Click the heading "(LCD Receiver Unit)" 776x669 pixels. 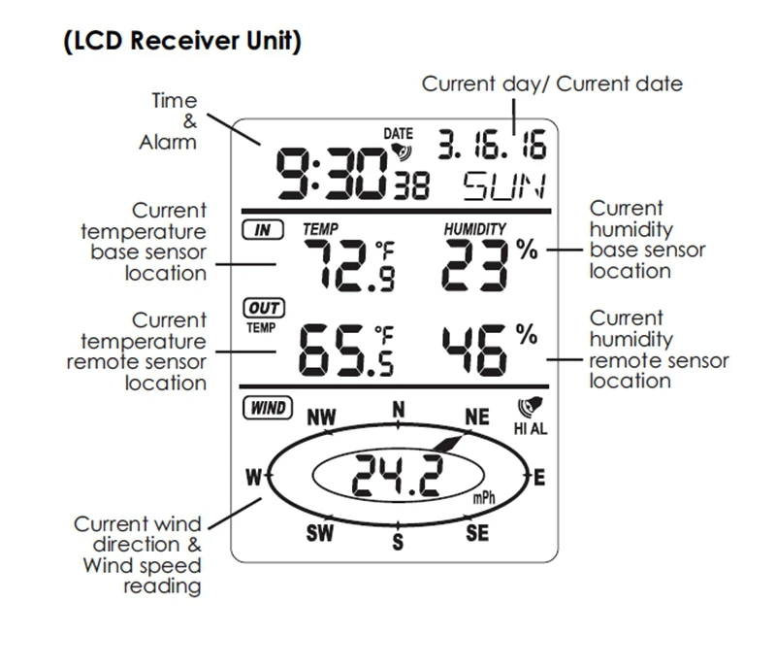(182, 42)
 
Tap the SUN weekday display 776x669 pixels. (503, 185)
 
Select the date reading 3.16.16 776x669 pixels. (492, 146)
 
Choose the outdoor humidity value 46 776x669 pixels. (475, 350)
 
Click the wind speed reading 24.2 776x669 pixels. (393, 476)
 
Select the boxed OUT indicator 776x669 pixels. (263, 308)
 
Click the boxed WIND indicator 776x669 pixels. (266, 408)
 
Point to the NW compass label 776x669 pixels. (321, 418)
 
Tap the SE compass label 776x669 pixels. (476, 532)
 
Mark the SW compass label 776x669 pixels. (320, 533)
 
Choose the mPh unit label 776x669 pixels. (483, 498)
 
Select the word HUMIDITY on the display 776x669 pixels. (475, 229)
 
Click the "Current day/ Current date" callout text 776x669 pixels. (551, 84)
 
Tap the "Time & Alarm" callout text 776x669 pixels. (174, 121)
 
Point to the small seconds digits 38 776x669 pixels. (409, 185)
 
